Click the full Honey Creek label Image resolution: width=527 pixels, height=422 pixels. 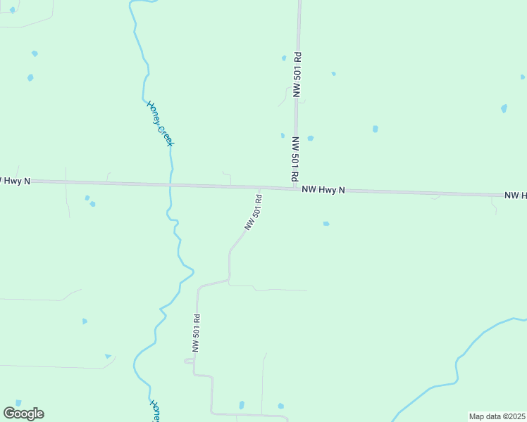(160, 123)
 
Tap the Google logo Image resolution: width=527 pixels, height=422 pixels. (24, 414)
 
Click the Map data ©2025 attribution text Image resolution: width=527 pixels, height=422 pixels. (497, 416)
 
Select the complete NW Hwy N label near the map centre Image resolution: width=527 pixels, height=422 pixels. (323, 190)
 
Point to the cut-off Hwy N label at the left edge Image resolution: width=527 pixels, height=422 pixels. (14, 181)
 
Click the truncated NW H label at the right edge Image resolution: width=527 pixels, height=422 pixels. (515, 195)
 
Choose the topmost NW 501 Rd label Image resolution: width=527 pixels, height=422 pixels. (297, 74)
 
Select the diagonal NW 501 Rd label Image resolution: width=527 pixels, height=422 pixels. (254, 212)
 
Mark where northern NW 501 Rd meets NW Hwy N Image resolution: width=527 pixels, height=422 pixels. (296, 188)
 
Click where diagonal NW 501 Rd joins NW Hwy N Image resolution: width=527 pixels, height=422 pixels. (261, 188)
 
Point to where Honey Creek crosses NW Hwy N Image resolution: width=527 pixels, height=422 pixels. (170, 186)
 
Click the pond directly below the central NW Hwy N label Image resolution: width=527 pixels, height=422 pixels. (326, 224)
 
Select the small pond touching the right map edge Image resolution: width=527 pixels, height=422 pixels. (523, 77)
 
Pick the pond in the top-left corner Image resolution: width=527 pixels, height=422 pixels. (12, 10)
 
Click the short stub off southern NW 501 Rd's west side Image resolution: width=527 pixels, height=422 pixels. (188, 361)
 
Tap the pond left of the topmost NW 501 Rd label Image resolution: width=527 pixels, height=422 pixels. (284, 58)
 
